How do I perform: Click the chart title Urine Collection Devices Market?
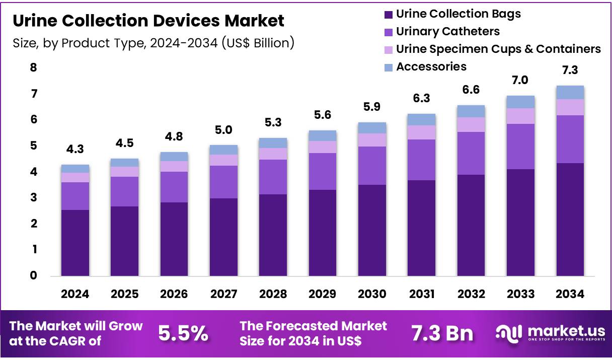[x=148, y=21]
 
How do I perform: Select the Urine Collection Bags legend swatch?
[x=388, y=14]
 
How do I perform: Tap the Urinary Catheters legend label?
[x=447, y=31]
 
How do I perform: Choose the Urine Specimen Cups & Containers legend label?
[x=498, y=49]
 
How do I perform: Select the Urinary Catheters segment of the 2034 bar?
[x=570, y=139]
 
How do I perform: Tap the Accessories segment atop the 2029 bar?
[x=323, y=135]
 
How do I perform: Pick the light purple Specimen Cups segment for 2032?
[x=471, y=124]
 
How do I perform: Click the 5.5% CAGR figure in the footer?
[x=183, y=333]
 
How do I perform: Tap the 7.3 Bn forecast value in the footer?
[x=442, y=333]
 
